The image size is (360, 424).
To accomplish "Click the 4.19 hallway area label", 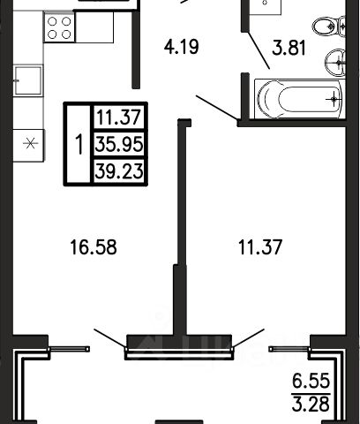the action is click(x=181, y=47).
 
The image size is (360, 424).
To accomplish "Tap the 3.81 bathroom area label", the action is click(x=289, y=48).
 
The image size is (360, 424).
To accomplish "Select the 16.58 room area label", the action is click(x=94, y=247).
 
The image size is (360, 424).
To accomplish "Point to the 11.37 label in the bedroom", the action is click(x=260, y=247).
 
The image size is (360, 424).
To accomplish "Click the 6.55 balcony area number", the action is click(x=311, y=382).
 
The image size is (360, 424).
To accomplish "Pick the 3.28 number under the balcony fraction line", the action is click(x=311, y=404).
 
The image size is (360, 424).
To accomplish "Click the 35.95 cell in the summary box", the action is click(x=119, y=144).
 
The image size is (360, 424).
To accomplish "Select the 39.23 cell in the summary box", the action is click(x=119, y=171).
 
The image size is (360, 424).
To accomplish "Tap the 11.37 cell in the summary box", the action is click(x=119, y=117).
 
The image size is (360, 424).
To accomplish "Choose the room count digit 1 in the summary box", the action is click(x=79, y=144).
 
